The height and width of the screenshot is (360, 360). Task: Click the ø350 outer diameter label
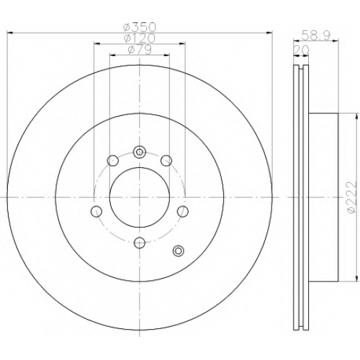pyautogui.click(x=140, y=27)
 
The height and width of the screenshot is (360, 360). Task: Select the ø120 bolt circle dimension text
pyautogui.click(x=140, y=38)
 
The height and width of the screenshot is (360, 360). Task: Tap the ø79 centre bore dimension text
pyautogui.click(x=140, y=50)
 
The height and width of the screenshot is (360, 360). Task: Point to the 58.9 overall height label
pyautogui.click(x=316, y=35)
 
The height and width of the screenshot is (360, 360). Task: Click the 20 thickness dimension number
pyautogui.click(x=302, y=50)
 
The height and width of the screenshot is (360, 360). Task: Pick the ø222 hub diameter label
pyautogui.click(x=351, y=197)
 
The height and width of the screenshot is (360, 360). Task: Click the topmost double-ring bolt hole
pyautogui.click(x=140, y=152)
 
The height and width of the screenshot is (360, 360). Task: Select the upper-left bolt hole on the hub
pyautogui.click(x=112, y=161)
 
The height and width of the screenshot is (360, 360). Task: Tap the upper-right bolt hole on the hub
pyautogui.click(x=166, y=161)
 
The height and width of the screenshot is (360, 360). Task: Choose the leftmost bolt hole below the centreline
pyautogui.click(x=96, y=211)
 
